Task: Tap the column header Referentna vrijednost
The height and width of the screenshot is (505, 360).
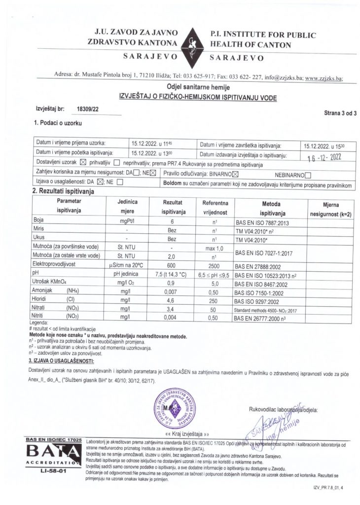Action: [x=214, y=207]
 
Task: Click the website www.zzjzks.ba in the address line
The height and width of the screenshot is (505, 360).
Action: [x=327, y=77]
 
